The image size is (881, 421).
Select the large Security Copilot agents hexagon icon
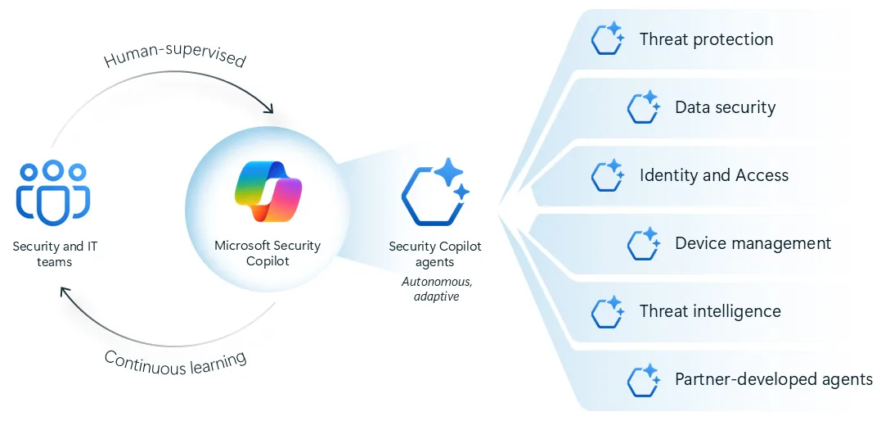(x=434, y=192)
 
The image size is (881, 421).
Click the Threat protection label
(x=706, y=39)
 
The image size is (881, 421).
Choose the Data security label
(x=725, y=107)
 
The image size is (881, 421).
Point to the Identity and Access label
(x=713, y=175)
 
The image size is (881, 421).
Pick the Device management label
(x=753, y=243)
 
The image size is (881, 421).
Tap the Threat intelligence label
(x=710, y=311)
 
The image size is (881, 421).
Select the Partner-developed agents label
(x=773, y=379)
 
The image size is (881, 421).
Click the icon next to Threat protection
(x=608, y=38)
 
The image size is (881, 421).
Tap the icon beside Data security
(x=643, y=106)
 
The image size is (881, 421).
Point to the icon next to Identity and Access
(x=608, y=174)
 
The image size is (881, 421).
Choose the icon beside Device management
(x=643, y=242)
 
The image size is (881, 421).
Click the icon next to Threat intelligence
(x=608, y=310)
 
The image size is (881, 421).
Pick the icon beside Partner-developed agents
(x=643, y=378)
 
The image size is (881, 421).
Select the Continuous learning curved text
(x=175, y=360)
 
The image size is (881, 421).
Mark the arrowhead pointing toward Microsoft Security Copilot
(x=267, y=109)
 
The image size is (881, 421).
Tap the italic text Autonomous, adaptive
(x=437, y=289)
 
